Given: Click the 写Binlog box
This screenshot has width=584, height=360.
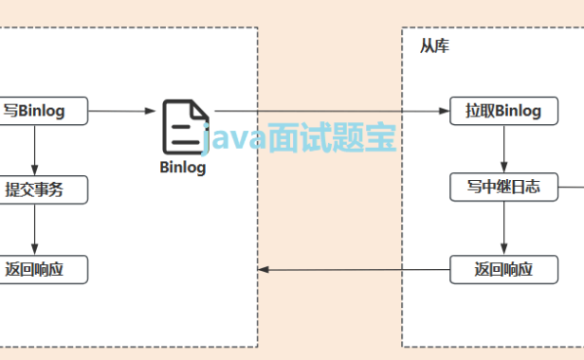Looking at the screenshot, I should [x=35, y=111].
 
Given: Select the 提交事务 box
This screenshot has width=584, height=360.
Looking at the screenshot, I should [x=35, y=189].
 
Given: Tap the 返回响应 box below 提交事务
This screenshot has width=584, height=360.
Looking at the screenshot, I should [x=35, y=269].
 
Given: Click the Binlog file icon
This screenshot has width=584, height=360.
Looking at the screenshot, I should [x=184, y=126].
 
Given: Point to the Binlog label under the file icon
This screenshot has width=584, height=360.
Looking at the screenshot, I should [x=182, y=168].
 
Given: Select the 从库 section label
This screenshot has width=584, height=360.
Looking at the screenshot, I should [x=434, y=45].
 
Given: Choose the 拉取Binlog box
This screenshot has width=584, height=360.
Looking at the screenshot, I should [x=503, y=111].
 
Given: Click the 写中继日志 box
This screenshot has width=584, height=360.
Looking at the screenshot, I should [x=503, y=187].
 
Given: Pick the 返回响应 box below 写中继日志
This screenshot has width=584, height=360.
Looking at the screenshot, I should [x=503, y=269].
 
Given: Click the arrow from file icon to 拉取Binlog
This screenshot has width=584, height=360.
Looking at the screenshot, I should [x=332, y=111].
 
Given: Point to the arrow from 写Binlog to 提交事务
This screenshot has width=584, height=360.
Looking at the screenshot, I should [x=35, y=150].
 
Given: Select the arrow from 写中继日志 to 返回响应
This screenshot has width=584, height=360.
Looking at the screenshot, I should [x=503, y=227].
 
